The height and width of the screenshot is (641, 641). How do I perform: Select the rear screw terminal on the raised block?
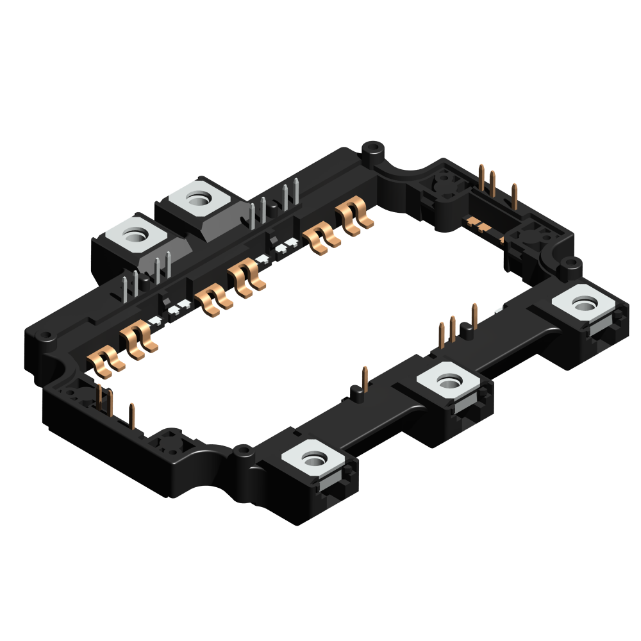pyautogui.click(x=201, y=199)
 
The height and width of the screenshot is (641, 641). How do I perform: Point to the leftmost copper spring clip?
pyautogui.click(x=104, y=362)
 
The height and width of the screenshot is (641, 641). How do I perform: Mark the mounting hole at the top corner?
pyautogui.click(x=372, y=149)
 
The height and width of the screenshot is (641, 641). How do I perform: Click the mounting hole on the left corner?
pyautogui.click(x=46, y=335)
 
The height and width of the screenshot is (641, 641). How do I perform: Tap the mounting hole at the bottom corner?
pyautogui.click(x=242, y=452)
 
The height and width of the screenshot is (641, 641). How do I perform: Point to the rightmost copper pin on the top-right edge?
pyautogui.click(x=514, y=196)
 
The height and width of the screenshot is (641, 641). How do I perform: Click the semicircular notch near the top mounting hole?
pyautogui.click(x=410, y=172)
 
